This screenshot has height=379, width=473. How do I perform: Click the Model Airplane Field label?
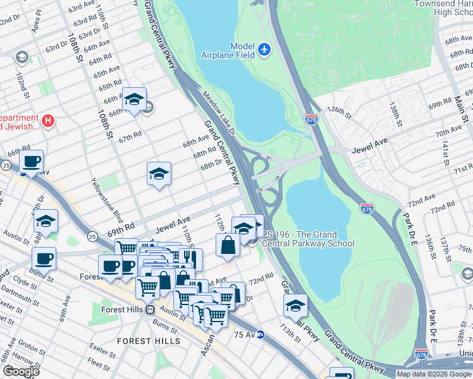[x=233, y=51]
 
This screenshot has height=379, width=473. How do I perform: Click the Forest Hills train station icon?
[x=150, y=310]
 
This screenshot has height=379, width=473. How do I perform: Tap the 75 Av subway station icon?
[x=261, y=334]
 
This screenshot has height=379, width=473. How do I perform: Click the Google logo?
[x=21, y=371]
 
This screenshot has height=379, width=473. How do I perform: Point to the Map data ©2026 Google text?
[x=433, y=374]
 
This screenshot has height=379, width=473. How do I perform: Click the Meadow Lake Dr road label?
[x=218, y=114]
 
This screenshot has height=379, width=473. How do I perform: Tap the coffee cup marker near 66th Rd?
[x=31, y=162]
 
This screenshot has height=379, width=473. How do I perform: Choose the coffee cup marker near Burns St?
[x=44, y=258]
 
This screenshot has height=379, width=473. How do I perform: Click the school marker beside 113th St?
[x=295, y=306]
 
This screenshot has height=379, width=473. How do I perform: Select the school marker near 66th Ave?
[x=134, y=99]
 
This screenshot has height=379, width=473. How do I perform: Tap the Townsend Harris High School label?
[x=442, y=8]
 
